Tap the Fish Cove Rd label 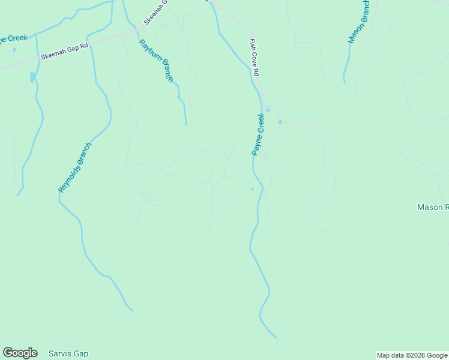click(255, 57)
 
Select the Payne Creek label click(258, 134)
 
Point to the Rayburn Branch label click(156, 61)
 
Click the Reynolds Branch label click(76, 167)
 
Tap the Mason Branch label click(359, 22)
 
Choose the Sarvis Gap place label click(68, 353)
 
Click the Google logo click(20, 353)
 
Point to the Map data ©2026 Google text click(412, 355)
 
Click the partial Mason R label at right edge click(433, 207)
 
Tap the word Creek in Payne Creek click(261, 123)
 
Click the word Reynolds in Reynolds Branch click(67, 180)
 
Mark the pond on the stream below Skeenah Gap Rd click(32, 77)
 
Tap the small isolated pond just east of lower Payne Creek click(252, 188)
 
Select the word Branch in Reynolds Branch click(83, 155)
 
